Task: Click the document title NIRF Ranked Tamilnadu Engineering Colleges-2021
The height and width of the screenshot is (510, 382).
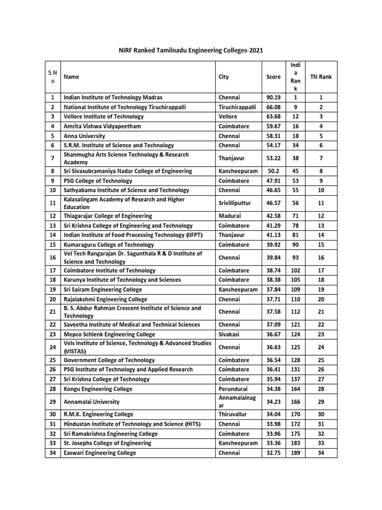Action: [191, 50]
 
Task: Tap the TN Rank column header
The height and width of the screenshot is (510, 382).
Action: [321, 77]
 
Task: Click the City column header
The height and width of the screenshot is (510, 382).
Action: [224, 77]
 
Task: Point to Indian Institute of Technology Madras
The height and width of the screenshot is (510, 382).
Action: [113, 98]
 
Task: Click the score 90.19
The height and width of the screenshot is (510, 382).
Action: [273, 98]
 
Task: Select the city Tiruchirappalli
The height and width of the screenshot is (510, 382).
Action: [237, 107]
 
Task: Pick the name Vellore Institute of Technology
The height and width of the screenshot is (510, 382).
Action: [103, 117]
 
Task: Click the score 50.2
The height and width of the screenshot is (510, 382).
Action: [273, 171]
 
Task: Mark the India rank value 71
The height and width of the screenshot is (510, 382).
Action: [295, 216]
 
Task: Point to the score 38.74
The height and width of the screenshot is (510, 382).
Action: [273, 270]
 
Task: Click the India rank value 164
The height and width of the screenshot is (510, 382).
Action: [295, 388]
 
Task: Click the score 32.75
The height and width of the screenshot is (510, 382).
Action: [273, 453]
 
